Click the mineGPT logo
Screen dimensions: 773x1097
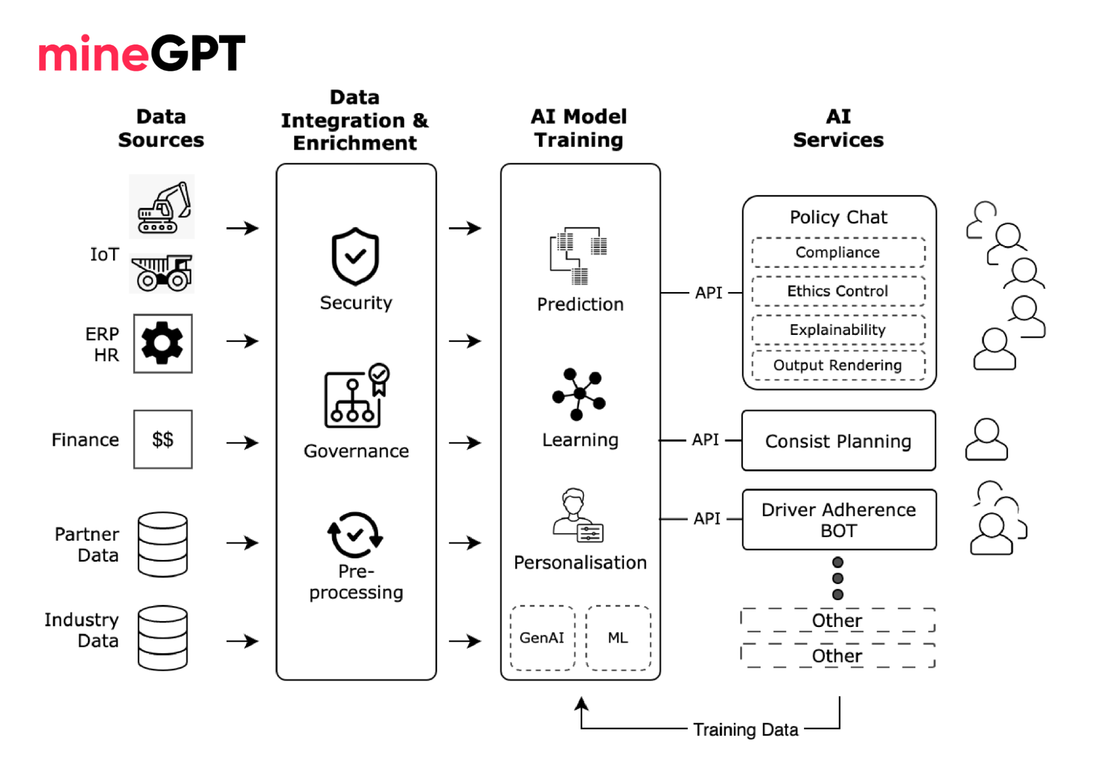(142, 53)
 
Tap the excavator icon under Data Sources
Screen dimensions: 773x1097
(162, 208)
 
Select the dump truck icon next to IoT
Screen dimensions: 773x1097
(162, 273)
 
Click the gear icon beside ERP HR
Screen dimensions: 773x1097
(162, 344)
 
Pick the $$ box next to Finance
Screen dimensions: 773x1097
(162, 439)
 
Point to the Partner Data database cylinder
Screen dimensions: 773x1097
(162, 544)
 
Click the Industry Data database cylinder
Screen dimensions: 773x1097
(162, 638)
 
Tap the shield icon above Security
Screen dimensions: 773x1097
(355, 256)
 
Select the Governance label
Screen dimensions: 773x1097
(356, 451)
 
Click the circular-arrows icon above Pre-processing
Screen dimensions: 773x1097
(355, 535)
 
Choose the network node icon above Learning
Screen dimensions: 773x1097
(579, 394)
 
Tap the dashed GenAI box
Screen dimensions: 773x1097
(542, 638)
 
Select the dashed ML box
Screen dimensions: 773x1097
(618, 638)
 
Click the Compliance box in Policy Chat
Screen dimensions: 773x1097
(838, 253)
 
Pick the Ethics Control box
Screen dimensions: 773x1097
(838, 291)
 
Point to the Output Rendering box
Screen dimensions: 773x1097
(838, 366)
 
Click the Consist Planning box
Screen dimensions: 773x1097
(838, 441)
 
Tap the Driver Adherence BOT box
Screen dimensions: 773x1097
(839, 520)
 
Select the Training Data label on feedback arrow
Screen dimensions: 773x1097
(745, 730)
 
